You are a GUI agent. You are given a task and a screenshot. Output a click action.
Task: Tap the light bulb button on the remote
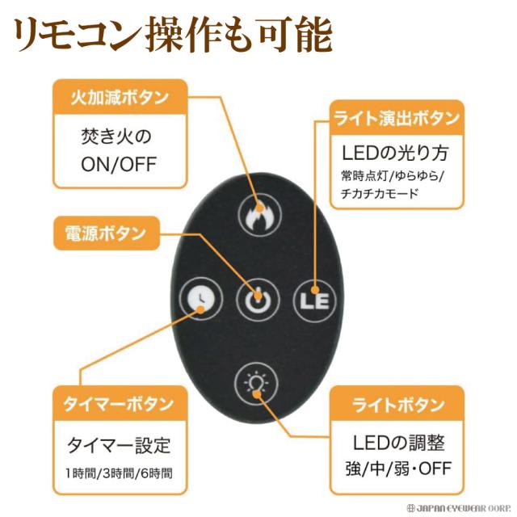pyautogui.click(x=256, y=381)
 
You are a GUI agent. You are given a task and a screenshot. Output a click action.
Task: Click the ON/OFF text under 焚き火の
pyautogui.click(x=118, y=164)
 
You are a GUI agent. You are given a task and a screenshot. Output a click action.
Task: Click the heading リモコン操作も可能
pyautogui.click(x=171, y=34)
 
